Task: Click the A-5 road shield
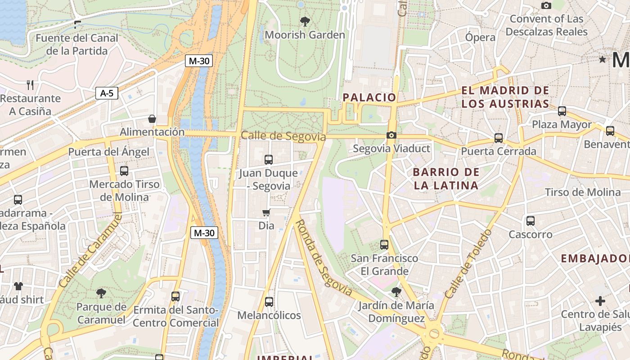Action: tap(107, 94)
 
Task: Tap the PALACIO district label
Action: tap(369, 97)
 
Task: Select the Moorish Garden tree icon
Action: tap(305, 21)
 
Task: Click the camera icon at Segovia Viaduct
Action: tap(391, 135)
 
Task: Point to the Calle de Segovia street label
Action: tap(283, 136)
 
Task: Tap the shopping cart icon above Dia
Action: tap(266, 212)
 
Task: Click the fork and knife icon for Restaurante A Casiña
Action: tap(30, 85)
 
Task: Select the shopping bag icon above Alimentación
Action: tap(152, 119)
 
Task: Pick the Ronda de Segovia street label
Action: tap(323, 257)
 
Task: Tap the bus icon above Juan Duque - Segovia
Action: tap(269, 159)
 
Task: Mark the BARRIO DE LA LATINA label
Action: tap(445, 179)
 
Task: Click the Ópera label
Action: tap(480, 37)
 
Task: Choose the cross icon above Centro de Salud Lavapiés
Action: tap(600, 301)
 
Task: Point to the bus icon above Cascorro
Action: tap(531, 221)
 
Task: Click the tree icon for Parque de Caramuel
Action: tap(101, 293)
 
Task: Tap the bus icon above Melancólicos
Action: tap(269, 302)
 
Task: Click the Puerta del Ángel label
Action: tap(108, 152)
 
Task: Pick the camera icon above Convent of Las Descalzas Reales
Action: tap(546, 5)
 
